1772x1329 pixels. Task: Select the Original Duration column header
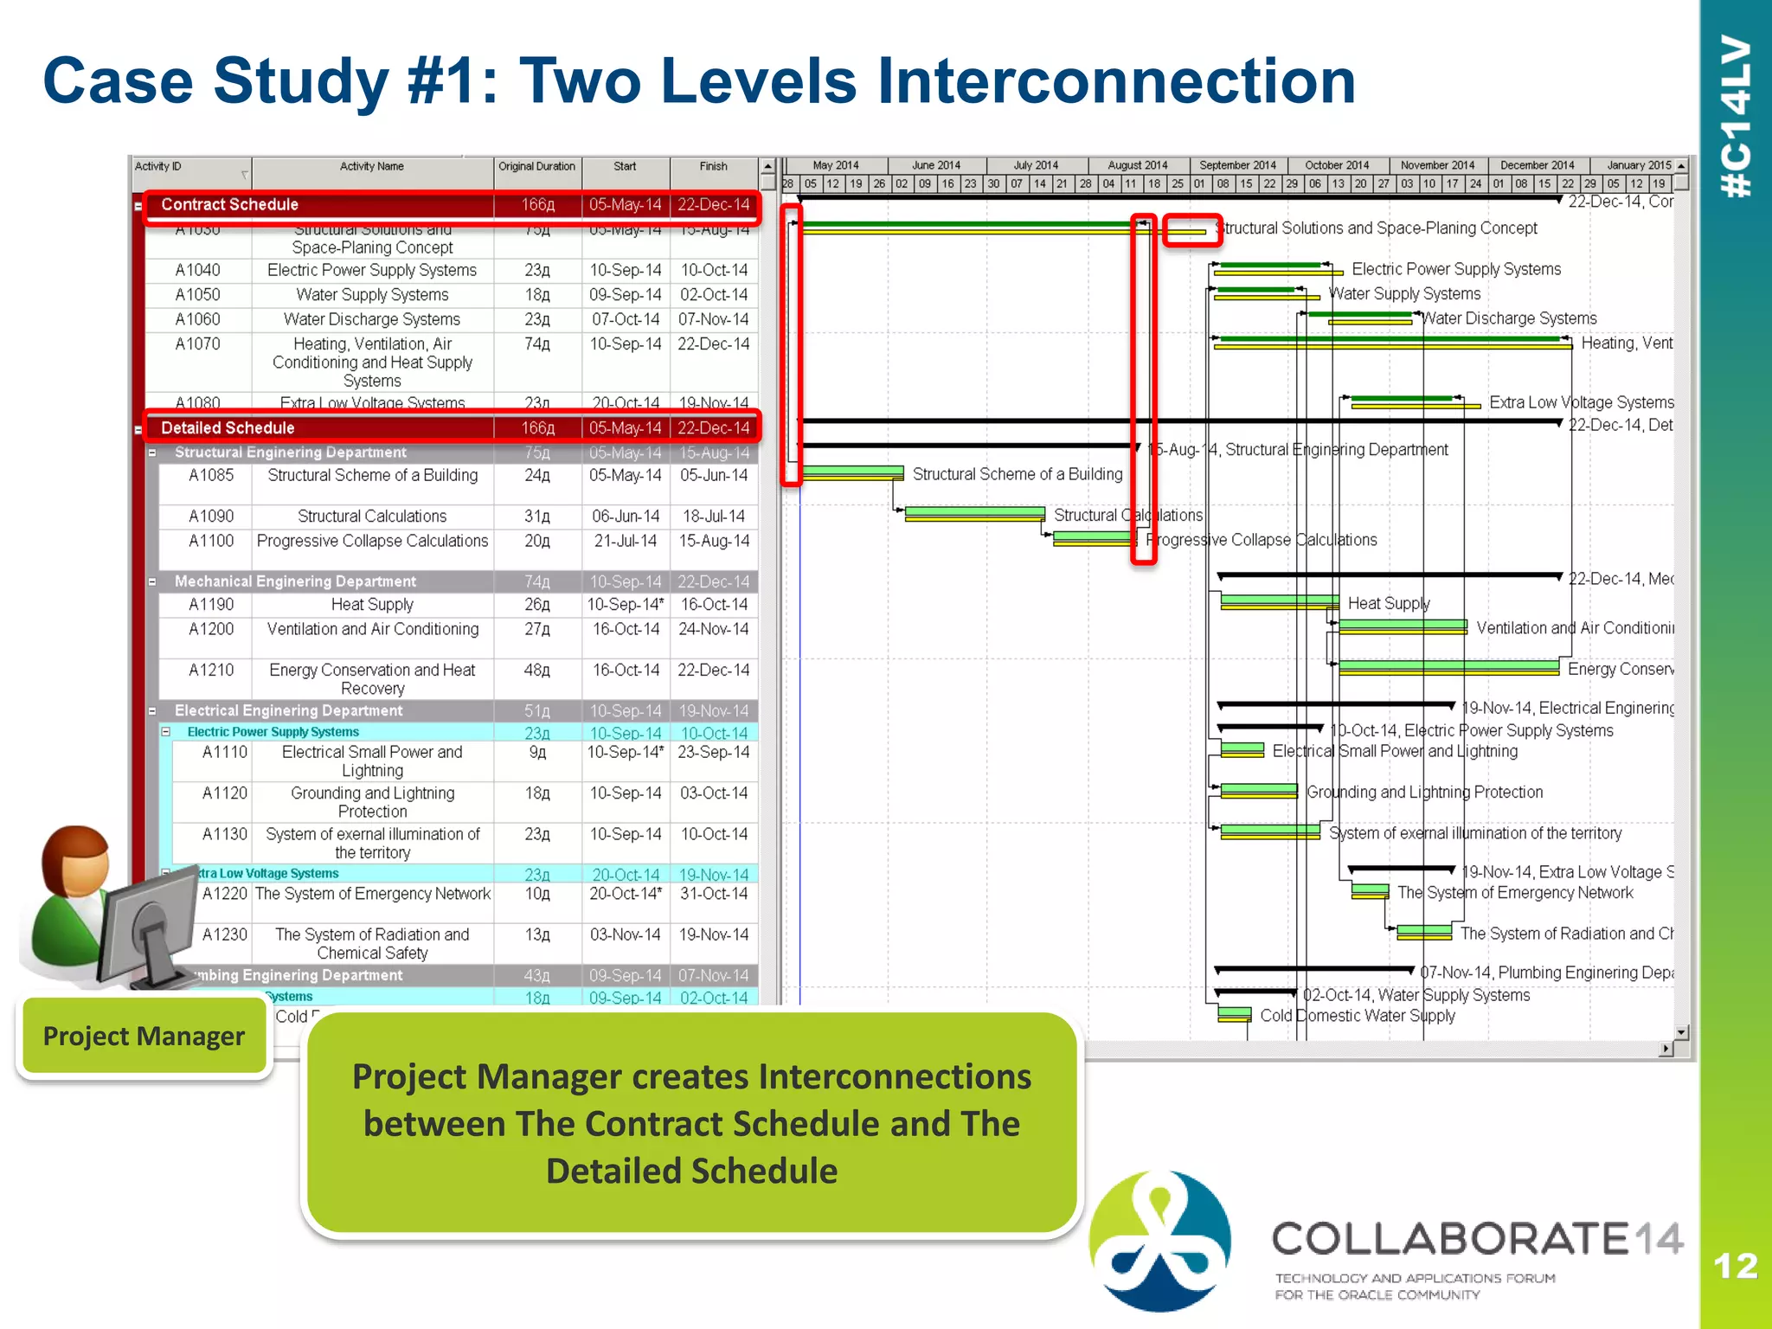click(x=536, y=167)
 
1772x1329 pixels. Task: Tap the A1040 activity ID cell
click(x=197, y=271)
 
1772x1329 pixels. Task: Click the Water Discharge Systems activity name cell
click(x=372, y=320)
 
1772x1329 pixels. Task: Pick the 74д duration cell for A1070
click(x=536, y=344)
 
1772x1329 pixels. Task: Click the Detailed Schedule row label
click(x=228, y=428)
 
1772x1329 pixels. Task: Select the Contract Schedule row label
click(x=229, y=205)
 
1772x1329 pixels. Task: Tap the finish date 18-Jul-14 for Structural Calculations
click(x=713, y=517)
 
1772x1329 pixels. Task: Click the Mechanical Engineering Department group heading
click(x=295, y=581)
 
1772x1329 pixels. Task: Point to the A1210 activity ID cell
click(x=211, y=671)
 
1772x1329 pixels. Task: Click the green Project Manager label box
click(x=144, y=1036)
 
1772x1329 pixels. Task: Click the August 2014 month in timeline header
click(x=1137, y=165)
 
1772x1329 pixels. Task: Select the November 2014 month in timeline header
click(x=1437, y=165)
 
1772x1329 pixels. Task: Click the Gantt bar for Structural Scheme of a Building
click(x=851, y=472)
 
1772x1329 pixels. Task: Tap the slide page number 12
click(x=1735, y=1267)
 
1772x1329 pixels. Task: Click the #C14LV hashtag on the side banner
click(x=1736, y=117)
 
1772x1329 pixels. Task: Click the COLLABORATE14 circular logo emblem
click(x=1159, y=1240)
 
